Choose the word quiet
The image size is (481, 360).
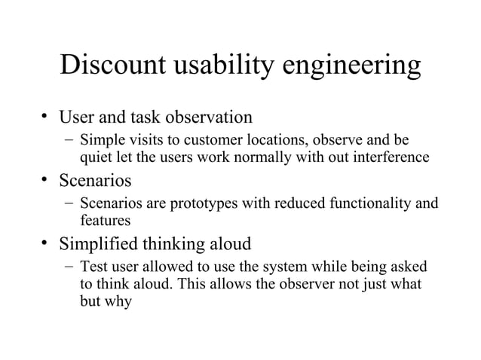pyautogui.click(x=94, y=157)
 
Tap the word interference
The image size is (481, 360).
pyautogui.click(x=391, y=157)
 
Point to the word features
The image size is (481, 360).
pyautogui.click(x=105, y=221)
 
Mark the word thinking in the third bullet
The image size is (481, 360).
pyautogui.click(x=186, y=245)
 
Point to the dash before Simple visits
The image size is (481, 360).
pyautogui.click(x=69, y=141)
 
